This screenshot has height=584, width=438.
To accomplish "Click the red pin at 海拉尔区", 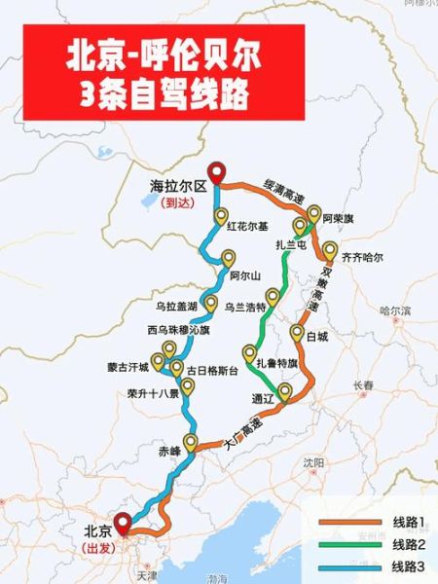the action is coord(215,170).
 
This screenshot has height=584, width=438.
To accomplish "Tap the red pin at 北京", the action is coord(122,523).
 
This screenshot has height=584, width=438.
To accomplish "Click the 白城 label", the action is coord(317,337).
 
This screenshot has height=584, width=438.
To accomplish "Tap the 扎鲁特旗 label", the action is coord(275,362).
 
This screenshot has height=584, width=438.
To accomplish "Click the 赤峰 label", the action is coord(169,451).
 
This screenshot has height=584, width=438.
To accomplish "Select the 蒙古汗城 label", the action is coord(129,368).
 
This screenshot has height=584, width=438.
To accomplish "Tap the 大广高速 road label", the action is coord(237,429).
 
